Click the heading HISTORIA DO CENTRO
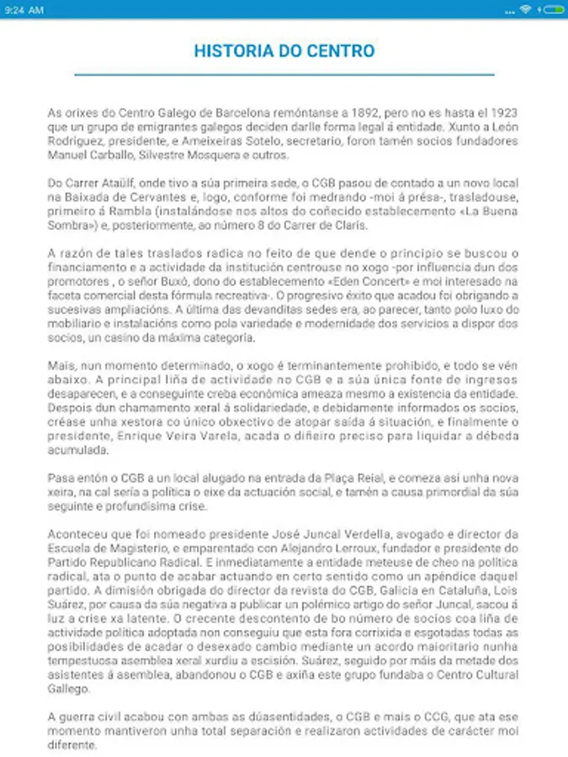pyautogui.click(x=284, y=50)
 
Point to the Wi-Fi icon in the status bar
pyautogui.click(x=525, y=10)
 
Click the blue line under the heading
pyautogui.click(x=284, y=76)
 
